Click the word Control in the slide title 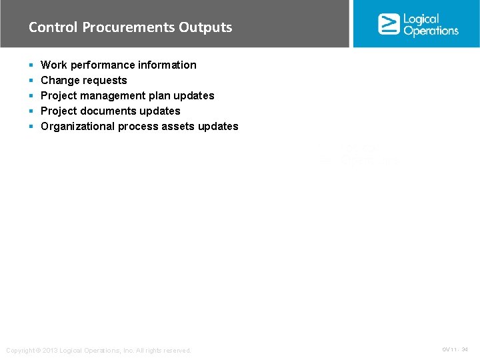53,27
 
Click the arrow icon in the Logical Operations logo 388,24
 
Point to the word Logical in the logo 421,19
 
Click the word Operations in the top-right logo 431,31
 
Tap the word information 167,65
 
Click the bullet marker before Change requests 31,81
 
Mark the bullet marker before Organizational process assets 31,127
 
